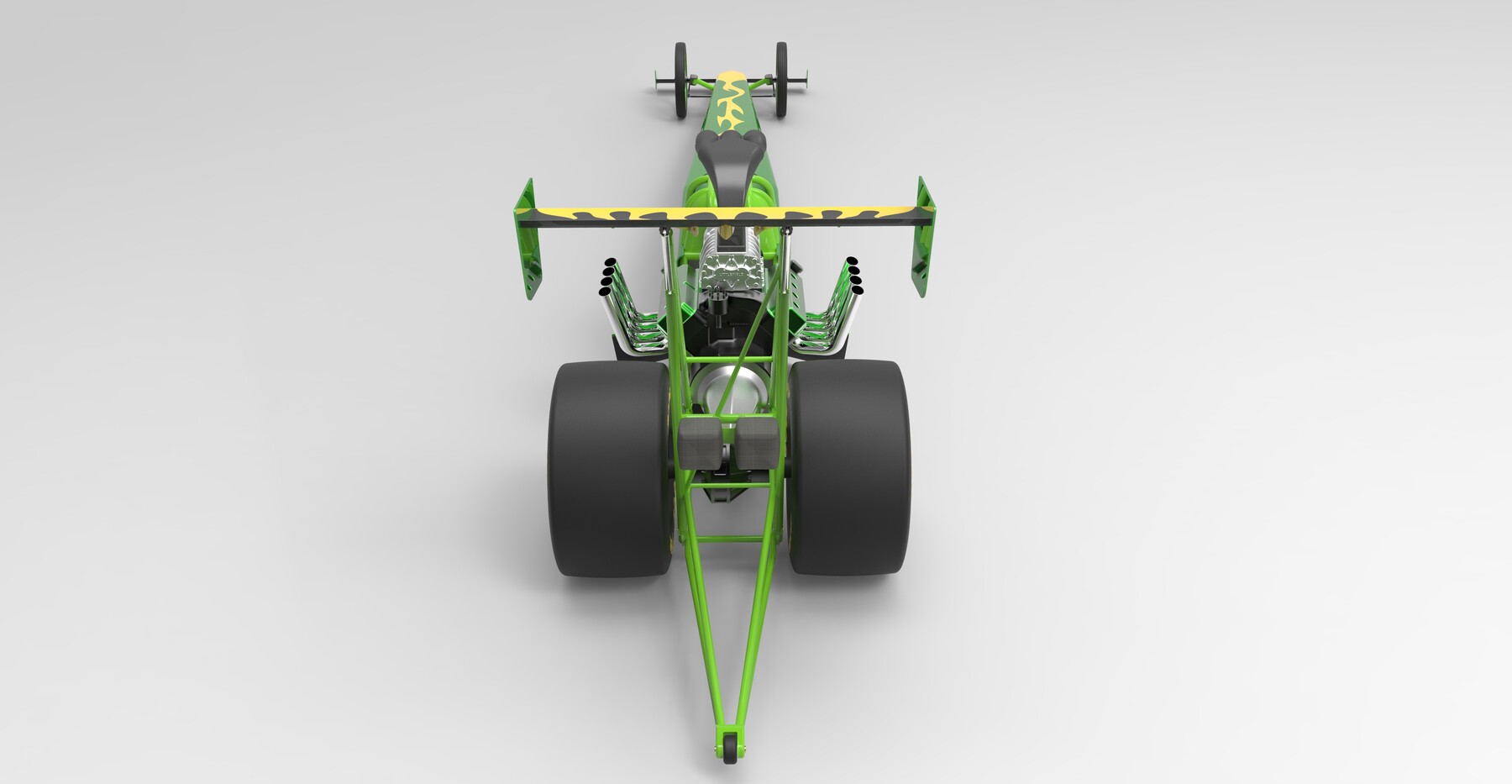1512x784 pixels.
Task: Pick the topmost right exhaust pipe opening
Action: point(852,261)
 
